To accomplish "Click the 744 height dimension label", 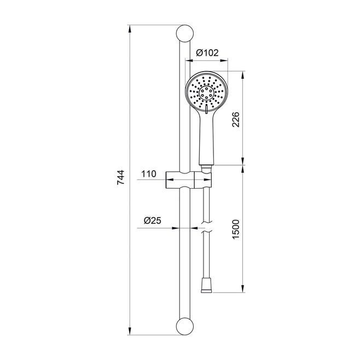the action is [120, 177].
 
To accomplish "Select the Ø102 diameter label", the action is [207, 53].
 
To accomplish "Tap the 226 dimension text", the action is [236, 119].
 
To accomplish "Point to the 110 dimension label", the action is [149, 174].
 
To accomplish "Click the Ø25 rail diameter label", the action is [153, 220].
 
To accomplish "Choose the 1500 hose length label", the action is [236, 230].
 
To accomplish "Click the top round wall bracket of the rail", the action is [185, 33].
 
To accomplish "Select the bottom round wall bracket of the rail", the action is [185, 326].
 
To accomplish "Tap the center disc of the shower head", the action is [206, 93].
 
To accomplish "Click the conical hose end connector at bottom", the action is [206, 286].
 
